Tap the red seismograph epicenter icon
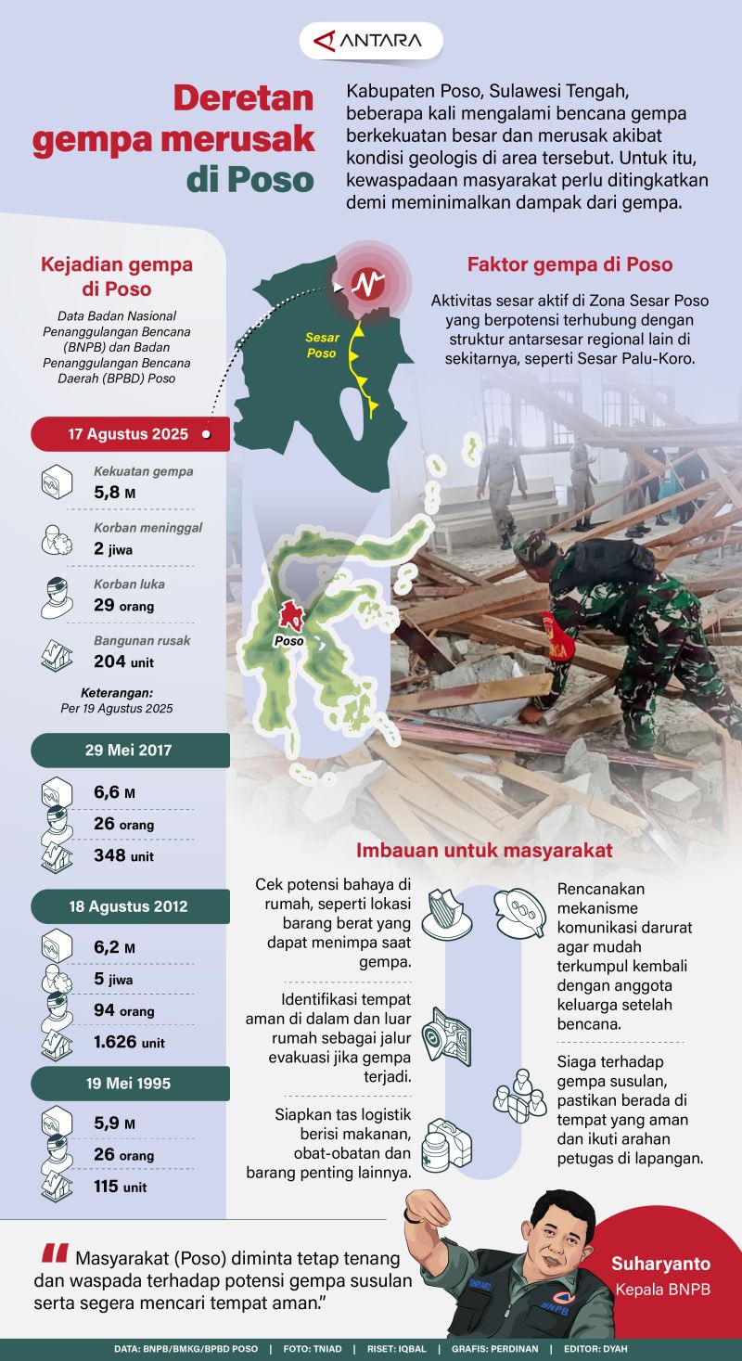(368, 283)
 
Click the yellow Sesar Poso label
(323, 345)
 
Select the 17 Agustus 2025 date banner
(130, 434)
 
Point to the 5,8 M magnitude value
(115, 492)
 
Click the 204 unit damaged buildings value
(124, 661)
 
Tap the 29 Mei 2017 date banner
(130, 750)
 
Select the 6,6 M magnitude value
(115, 792)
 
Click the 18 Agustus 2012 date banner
(130, 906)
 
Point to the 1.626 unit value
(129, 1042)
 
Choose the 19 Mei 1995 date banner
(130, 1084)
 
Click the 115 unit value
(121, 1187)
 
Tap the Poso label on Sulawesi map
(289, 641)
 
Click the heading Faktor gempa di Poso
(569, 265)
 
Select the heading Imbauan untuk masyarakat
(484, 851)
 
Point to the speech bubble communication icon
(519, 913)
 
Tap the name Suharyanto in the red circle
(660, 1264)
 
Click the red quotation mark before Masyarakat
(55, 1253)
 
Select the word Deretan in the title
(244, 97)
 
